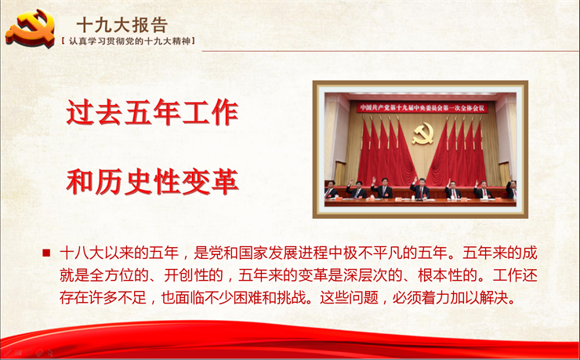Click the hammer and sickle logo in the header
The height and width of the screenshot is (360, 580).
point(31,28)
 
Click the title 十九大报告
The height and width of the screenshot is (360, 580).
point(122,26)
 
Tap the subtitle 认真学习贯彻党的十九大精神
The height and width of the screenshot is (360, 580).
point(129,41)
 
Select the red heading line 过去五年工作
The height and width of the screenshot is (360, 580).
point(152,112)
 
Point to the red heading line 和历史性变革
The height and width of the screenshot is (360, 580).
point(152,182)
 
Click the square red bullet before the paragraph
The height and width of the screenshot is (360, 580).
point(46,253)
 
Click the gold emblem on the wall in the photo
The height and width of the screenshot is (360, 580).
point(422,133)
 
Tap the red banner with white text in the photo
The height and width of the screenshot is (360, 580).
point(422,107)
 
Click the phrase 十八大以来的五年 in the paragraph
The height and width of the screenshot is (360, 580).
point(119,253)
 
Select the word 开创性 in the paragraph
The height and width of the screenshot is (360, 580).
point(186,275)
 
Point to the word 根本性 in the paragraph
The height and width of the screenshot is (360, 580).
point(440,275)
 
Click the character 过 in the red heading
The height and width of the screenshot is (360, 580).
point(80,112)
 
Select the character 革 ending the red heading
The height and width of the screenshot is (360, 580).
point(225,182)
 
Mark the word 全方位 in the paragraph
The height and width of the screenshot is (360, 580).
point(112,275)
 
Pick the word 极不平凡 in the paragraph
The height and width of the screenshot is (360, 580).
point(373,253)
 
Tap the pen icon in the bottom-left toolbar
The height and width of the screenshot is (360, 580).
point(7,353)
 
